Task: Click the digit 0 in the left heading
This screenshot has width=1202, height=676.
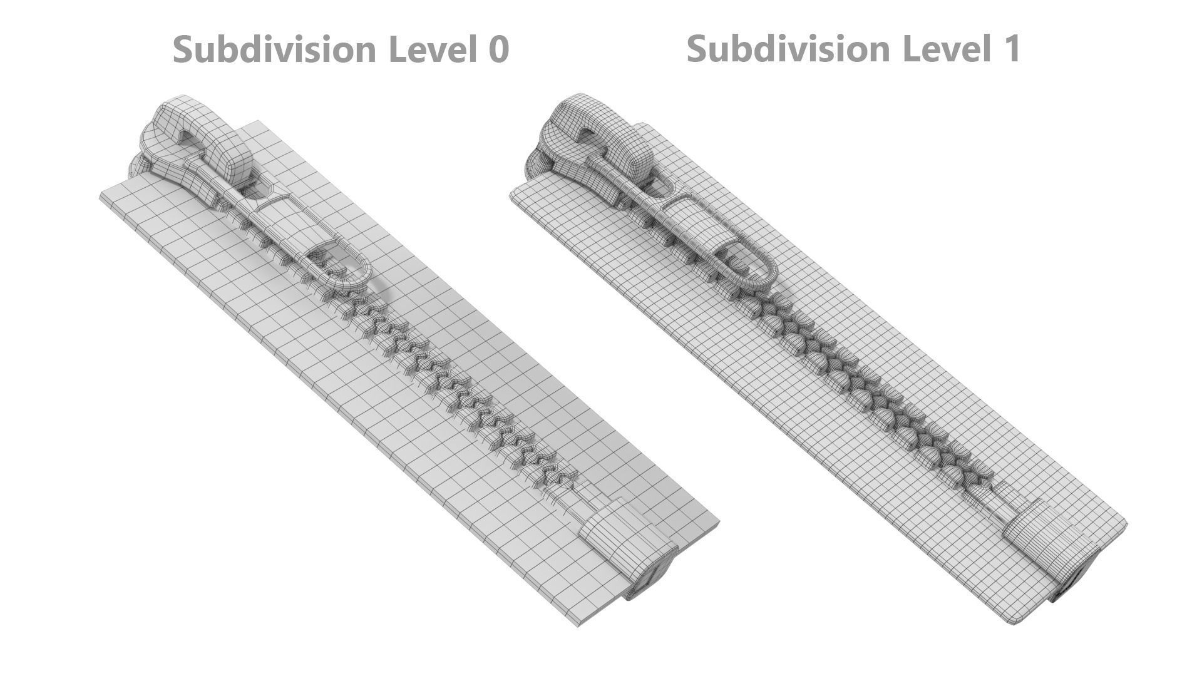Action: coord(497,49)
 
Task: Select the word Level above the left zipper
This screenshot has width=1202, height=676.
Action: coord(430,49)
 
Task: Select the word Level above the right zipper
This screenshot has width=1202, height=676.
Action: coord(943,48)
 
